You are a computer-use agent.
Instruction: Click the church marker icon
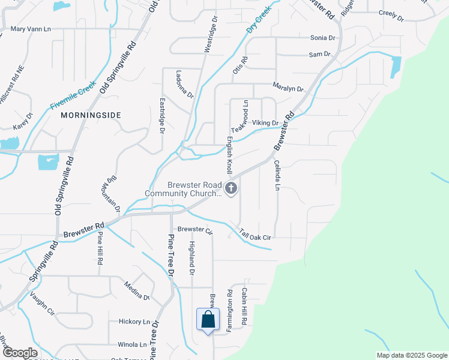click(231, 189)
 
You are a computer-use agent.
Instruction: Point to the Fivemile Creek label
click(73, 96)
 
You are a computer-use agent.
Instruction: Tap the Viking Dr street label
click(265, 123)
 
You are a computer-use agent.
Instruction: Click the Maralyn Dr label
click(288, 88)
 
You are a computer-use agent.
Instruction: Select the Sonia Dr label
click(323, 37)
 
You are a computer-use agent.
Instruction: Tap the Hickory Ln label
click(134, 322)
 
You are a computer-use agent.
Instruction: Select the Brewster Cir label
click(196, 230)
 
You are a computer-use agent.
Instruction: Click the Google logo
click(19, 353)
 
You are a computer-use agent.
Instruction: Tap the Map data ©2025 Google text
click(411, 355)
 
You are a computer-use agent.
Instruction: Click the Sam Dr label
click(320, 54)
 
